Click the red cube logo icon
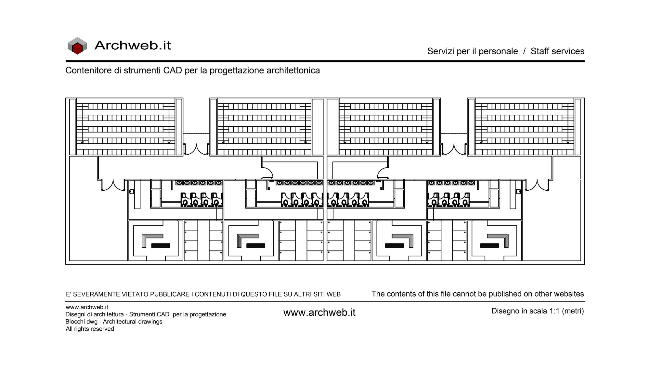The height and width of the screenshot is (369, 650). [77, 45]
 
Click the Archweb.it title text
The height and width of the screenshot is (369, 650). [133, 45]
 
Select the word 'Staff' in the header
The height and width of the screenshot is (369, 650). [540, 51]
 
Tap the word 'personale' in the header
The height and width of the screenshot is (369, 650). [498, 51]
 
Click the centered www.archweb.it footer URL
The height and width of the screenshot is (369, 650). [319, 312]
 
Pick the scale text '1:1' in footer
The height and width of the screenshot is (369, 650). [554, 311]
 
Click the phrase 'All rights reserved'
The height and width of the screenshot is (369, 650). [90, 329]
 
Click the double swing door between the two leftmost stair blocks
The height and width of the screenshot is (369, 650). [196, 150]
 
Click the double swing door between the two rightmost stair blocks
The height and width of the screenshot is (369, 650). [454, 150]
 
